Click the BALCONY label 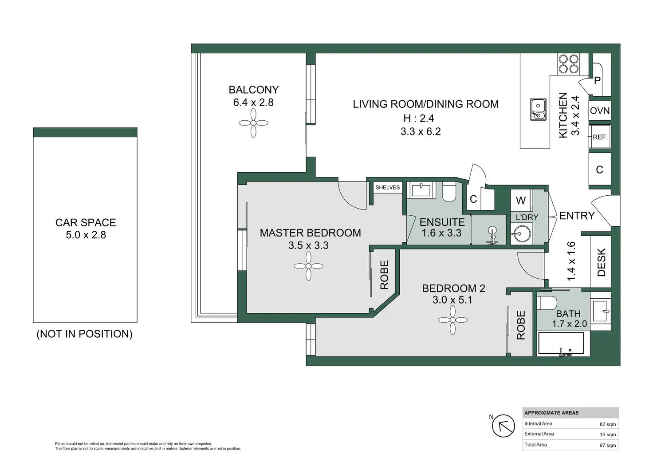253,90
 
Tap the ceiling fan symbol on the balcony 253,123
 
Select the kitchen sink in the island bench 538,109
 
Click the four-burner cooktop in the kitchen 568,64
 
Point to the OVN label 600,111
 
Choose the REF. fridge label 600,137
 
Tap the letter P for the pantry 597,81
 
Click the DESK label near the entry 602,262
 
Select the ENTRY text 577,216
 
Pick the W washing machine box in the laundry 521,201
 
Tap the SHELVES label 387,187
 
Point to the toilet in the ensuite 449,191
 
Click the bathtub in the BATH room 563,344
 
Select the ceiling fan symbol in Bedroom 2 452,320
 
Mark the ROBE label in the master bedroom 384,275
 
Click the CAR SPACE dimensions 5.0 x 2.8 86,235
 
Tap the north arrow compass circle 504,426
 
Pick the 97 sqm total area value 607,445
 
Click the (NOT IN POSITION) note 84,334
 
